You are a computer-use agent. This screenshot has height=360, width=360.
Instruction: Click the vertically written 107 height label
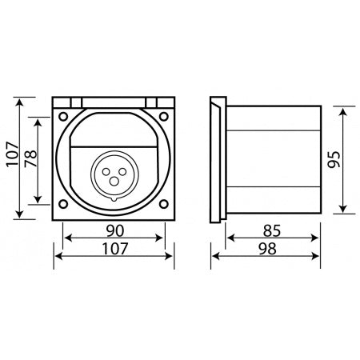tap(10, 158)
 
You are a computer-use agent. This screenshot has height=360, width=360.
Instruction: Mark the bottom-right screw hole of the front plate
tap(164, 206)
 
